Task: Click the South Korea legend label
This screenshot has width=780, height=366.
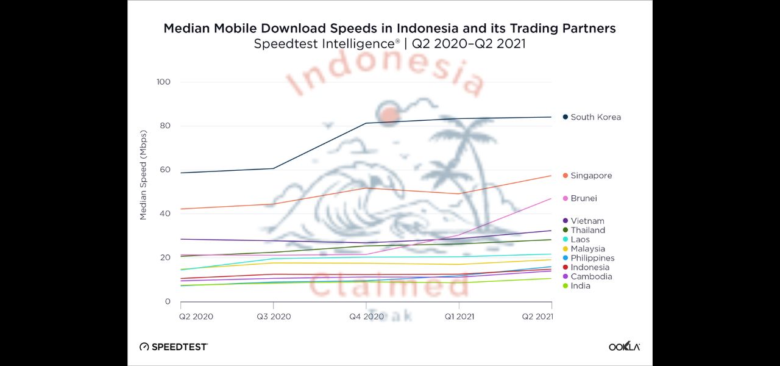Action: point(595,117)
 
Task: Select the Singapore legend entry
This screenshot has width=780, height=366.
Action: point(591,176)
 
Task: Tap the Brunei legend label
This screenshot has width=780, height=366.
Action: point(584,198)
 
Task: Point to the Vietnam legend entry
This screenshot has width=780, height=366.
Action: point(587,221)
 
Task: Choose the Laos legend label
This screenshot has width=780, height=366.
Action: point(580,240)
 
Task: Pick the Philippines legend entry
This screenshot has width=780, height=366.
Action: point(592,258)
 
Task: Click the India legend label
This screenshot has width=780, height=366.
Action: point(580,286)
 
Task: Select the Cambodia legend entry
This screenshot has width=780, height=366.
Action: point(591,277)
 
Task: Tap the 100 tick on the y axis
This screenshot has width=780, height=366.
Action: point(163,82)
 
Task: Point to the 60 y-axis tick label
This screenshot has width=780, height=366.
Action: point(165,170)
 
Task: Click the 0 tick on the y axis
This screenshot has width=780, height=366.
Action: point(168,301)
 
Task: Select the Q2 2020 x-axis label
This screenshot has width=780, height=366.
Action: point(196,317)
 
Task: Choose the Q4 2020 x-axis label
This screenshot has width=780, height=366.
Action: point(366,317)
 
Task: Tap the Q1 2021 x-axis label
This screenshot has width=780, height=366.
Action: point(458,317)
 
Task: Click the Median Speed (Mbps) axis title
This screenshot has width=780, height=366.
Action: point(144,175)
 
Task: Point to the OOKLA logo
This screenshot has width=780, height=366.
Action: point(624,346)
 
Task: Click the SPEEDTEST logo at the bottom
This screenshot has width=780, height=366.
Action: point(174,346)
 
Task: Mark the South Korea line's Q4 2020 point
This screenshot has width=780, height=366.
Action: point(366,123)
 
